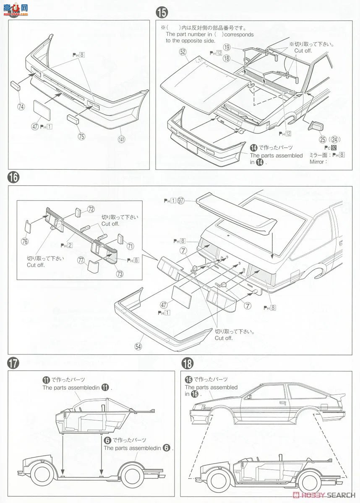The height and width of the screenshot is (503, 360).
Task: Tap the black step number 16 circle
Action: pyautogui.click(x=13, y=177)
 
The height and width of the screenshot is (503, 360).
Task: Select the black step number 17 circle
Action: pyautogui.click(x=13, y=363)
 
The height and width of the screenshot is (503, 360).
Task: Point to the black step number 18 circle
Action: pyautogui.click(x=187, y=363)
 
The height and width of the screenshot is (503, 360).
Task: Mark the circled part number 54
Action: pyautogui.click(x=138, y=346)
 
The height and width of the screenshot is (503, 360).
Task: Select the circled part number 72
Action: pyautogui.click(x=91, y=208)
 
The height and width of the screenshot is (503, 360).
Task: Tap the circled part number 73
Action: pyautogui.click(x=120, y=274)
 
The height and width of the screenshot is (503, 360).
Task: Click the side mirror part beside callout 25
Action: pyautogui.click(x=316, y=125)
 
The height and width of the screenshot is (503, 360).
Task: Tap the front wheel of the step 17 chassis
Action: pyautogui.click(x=42, y=477)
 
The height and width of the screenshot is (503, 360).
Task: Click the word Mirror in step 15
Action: pyautogui.click(x=317, y=162)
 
